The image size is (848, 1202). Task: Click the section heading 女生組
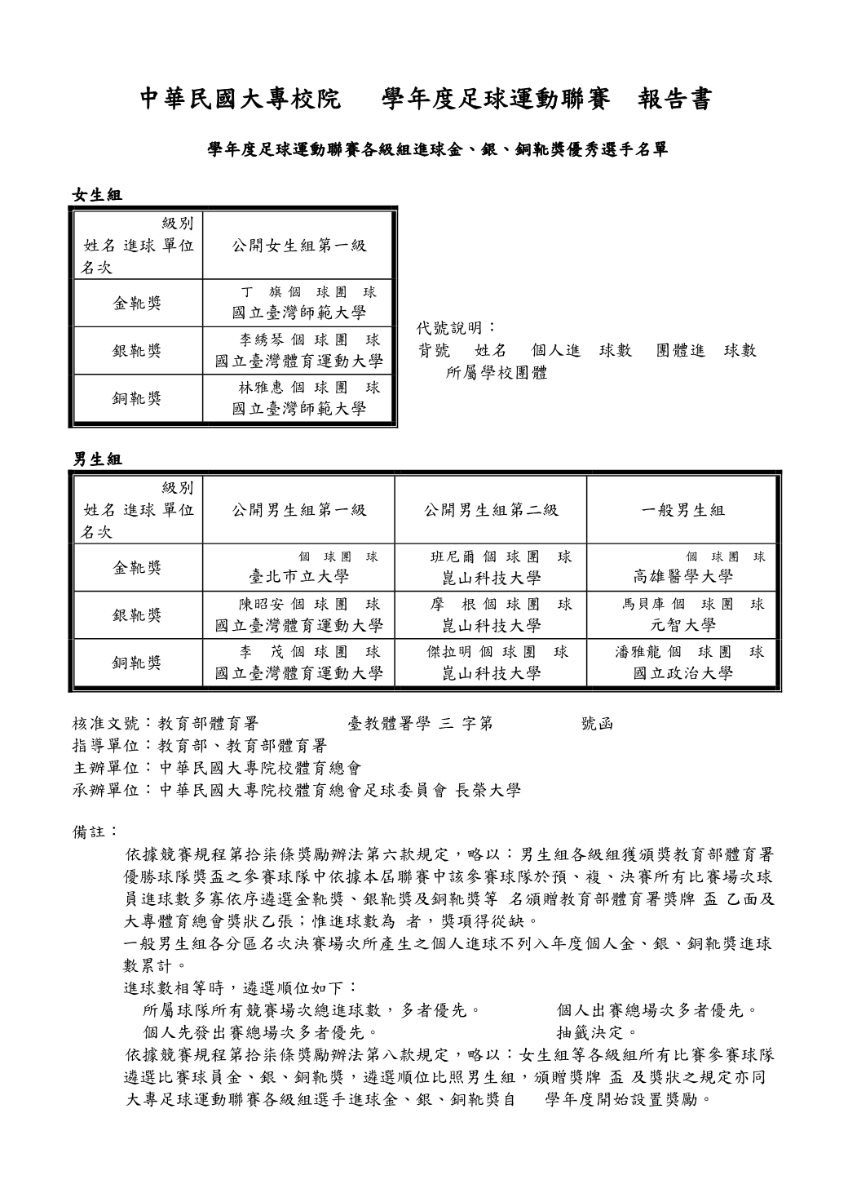point(97,195)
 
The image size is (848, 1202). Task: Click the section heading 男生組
point(97,460)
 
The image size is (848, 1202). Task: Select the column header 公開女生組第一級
point(298,245)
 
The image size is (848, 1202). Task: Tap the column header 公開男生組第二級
point(491,511)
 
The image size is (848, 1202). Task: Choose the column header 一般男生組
point(682,511)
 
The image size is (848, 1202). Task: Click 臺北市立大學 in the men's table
point(298,578)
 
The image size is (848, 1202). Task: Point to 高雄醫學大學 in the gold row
point(682,578)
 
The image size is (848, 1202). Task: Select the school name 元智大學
point(682,625)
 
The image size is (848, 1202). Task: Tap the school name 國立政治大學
point(682,673)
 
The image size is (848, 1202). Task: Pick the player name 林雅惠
point(259,388)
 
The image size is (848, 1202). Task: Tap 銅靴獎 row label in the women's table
point(137,399)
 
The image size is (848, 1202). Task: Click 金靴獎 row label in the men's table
point(137,568)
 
